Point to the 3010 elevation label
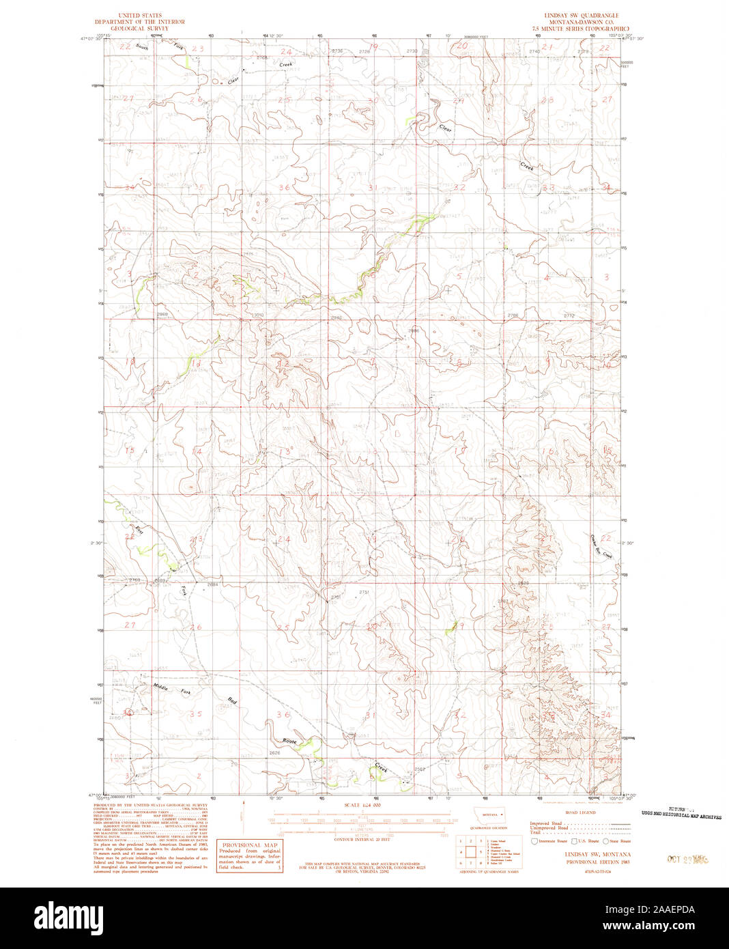(257, 315)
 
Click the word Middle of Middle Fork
(161, 687)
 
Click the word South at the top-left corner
(142, 47)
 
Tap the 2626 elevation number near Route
(275, 753)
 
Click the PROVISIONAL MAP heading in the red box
(248, 844)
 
